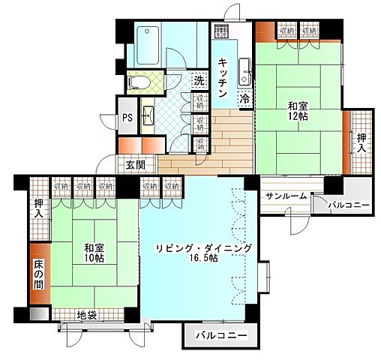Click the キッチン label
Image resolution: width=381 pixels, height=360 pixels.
pyautogui.click(x=223, y=77)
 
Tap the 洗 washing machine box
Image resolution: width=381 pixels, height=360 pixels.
pyautogui.click(x=199, y=80)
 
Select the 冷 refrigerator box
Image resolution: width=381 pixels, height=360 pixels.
pyautogui.click(x=244, y=98)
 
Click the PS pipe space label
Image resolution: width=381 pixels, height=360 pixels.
pyautogui.click(x=127, y=118)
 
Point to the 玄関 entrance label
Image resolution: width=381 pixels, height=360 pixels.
pyautogui.click(x=135, y=165)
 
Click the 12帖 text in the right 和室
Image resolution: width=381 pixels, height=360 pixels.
pyautogui.click(x=294, y=117)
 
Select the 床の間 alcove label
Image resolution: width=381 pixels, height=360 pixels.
pyautogui.click(x=39, y=275)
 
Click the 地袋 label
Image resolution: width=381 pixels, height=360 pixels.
pyautogui.click(x=87, y=313)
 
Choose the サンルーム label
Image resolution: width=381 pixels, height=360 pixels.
pyautogui.click(x=284, y=196)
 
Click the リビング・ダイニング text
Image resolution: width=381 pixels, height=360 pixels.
pyautogui.click(x=203, y=248)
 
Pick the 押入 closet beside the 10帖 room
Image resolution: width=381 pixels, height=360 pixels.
pyautogui.click(x=39, y=208)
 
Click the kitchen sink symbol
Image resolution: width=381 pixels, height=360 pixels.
pyautogui.click(x=244, y=71)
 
